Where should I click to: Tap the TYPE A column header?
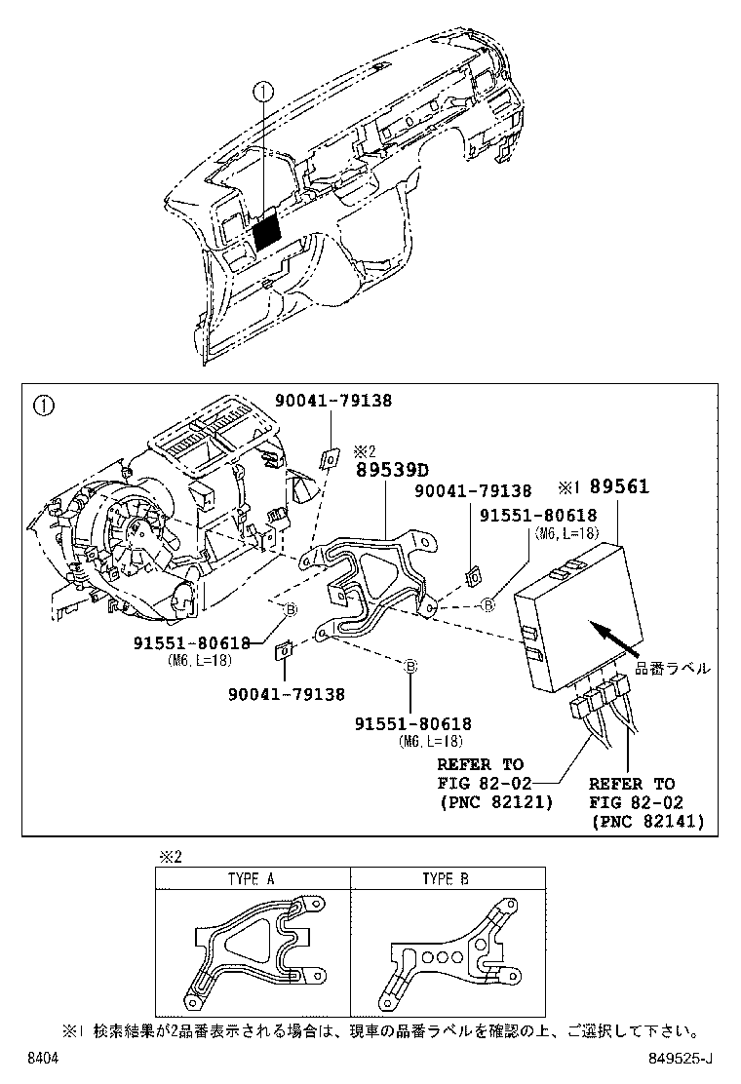point(252,878)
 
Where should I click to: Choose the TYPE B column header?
point(446,878)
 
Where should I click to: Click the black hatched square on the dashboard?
point(266,232)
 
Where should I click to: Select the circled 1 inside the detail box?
point(43,403)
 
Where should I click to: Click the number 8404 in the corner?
point(42,1057)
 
